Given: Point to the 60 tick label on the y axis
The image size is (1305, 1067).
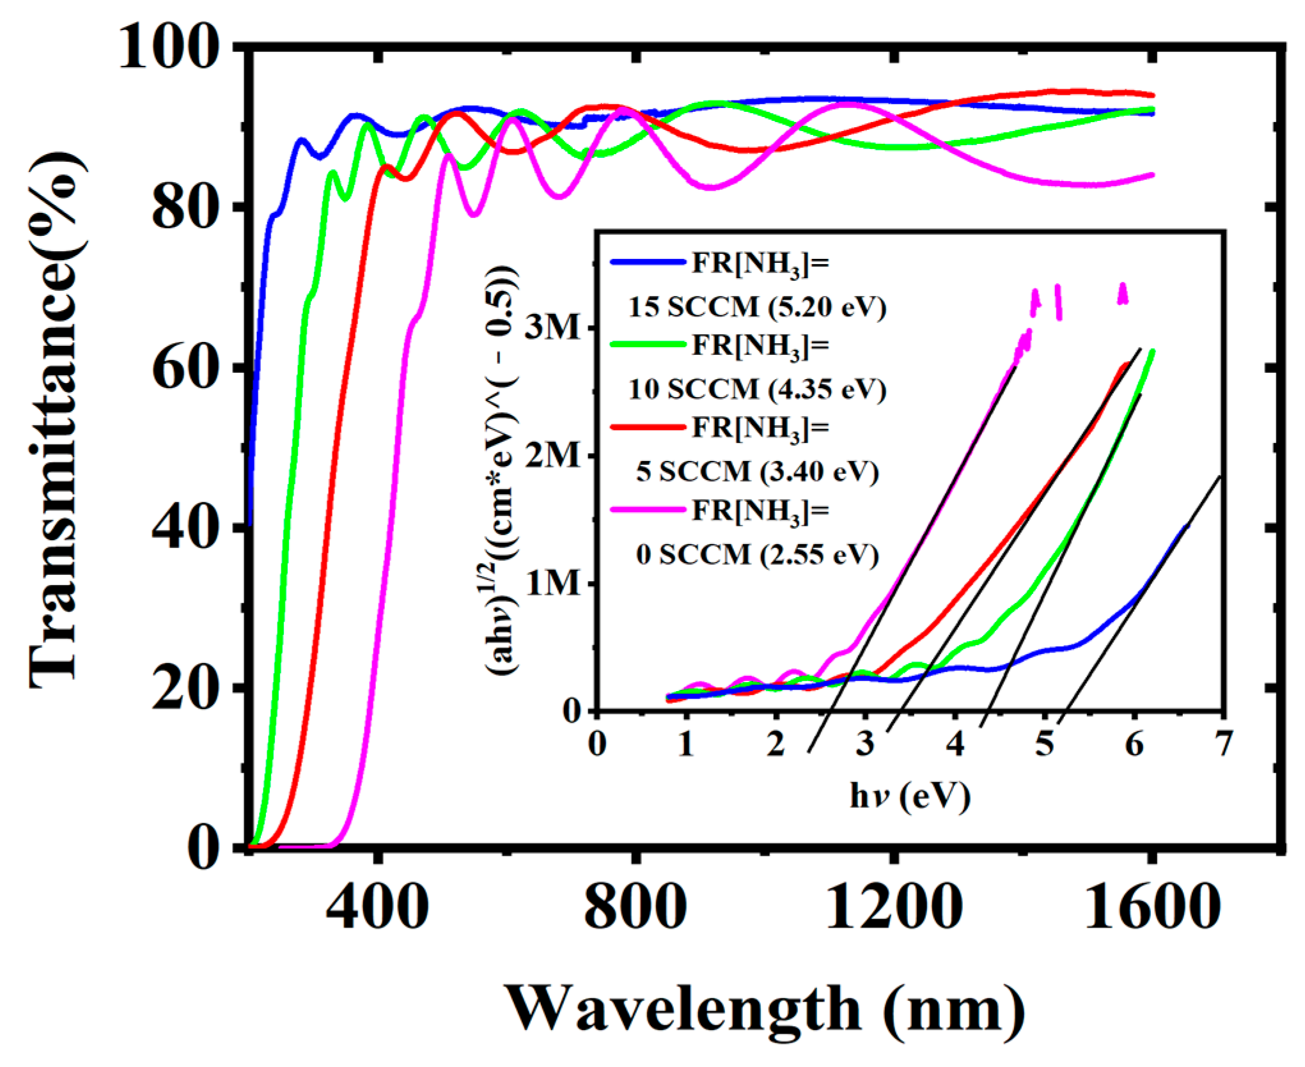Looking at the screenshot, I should pyautogui.click(x=184, y=369).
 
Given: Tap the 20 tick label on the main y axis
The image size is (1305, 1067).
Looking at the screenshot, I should pyautogui.click(x=184, y=689).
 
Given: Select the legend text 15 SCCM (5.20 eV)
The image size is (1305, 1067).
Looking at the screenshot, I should pyautogui.click(x=757, y=308).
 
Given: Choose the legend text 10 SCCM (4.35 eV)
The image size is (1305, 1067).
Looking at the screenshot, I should pyautogui.click(x=757, y=389).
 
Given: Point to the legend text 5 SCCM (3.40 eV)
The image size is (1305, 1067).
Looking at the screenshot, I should pyautogui.click(x=757, y=472).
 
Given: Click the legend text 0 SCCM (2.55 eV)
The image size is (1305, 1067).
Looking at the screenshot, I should pyautogui.click(x=757, y=554).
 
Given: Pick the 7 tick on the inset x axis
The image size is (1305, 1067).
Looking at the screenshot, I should pyautogui.click(x=1223, y=745).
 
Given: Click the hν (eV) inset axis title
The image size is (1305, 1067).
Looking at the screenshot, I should pyautogui.click(x=910, y=797).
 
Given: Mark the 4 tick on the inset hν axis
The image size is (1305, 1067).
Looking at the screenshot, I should pyautogui.click(x=955, y=745).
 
